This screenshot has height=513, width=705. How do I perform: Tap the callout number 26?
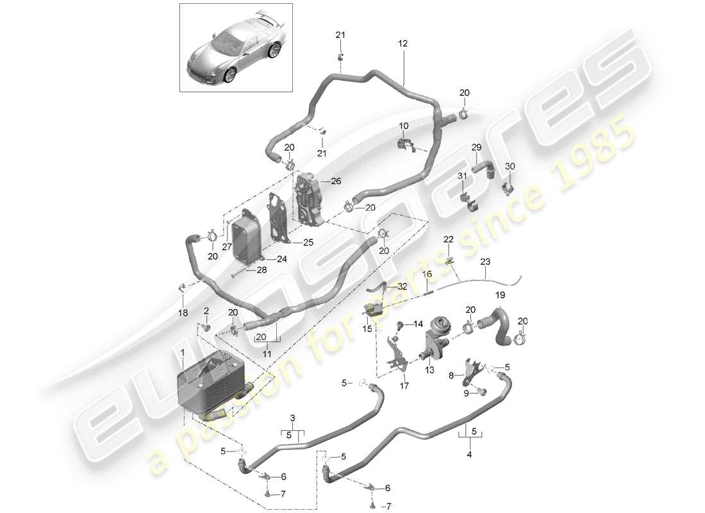click(336, 182)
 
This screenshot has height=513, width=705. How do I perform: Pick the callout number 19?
click(500, 295)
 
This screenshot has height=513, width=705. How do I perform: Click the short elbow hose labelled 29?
click(482, 169)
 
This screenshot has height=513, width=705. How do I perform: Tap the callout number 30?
click(510, 166)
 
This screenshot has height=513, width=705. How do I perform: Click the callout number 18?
click(183, 313)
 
